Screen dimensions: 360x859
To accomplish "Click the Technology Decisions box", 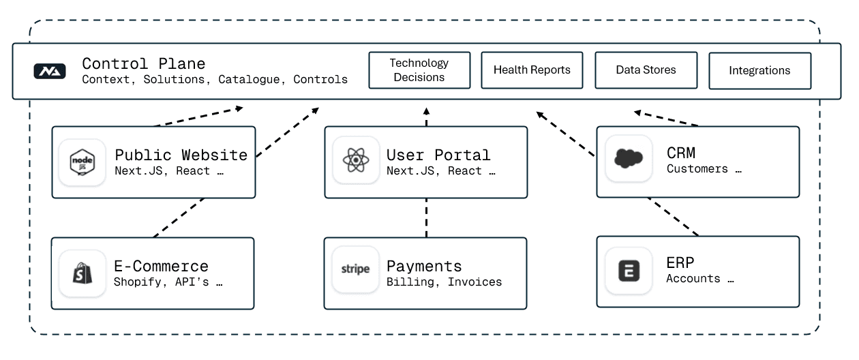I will point(419,70).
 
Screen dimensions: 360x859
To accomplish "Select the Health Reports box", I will point(532,70).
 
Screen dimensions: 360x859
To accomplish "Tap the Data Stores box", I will point(646,70).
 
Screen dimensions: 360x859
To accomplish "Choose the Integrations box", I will point(759,71).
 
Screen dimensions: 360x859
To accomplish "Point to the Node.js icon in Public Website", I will point(82,162).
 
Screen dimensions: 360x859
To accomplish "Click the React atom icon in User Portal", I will point(355,162).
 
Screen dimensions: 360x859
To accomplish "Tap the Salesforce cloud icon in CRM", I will point(628,160).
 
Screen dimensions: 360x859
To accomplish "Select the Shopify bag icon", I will point(82,273).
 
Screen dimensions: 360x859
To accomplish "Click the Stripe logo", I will point(355,269).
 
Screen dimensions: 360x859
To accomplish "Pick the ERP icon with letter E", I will point(628,271).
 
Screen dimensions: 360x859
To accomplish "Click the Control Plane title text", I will point(143,64).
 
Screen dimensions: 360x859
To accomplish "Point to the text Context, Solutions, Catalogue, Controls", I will point(214,80).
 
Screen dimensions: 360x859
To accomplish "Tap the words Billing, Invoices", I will point(444,282).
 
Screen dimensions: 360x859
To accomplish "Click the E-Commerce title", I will point(161,266).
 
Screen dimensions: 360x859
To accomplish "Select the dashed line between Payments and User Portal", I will point(426,217).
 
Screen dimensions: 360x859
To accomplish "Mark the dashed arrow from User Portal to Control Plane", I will point(426,117).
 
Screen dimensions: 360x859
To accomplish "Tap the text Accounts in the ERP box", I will point(693,278).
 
